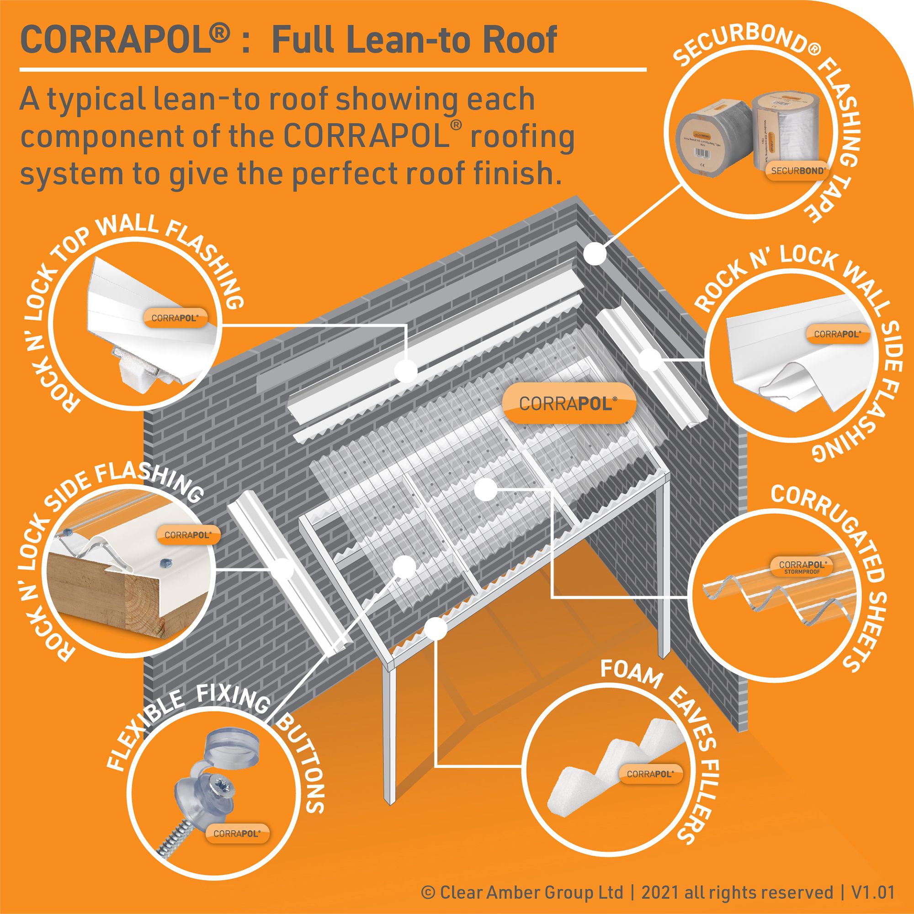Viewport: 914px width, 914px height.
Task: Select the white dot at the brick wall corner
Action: click(x=595, y=254)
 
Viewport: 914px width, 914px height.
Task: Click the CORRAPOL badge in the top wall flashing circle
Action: click(x=175, y=318)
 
